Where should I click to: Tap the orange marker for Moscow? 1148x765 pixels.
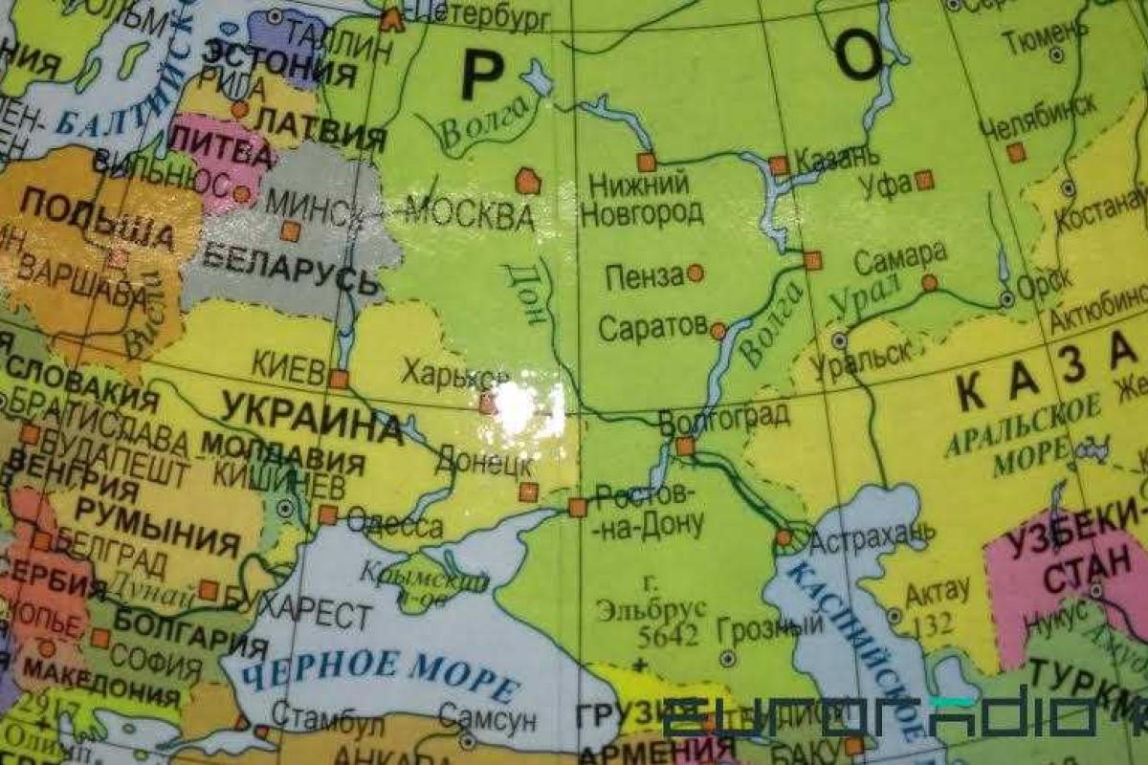527,181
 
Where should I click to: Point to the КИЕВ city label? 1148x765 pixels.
288,368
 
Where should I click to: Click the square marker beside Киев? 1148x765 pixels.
339,379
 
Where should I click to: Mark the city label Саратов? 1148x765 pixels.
652,328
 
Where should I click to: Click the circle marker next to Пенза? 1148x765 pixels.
695,273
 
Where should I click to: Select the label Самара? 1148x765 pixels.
900,256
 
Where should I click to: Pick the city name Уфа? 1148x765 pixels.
885,184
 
